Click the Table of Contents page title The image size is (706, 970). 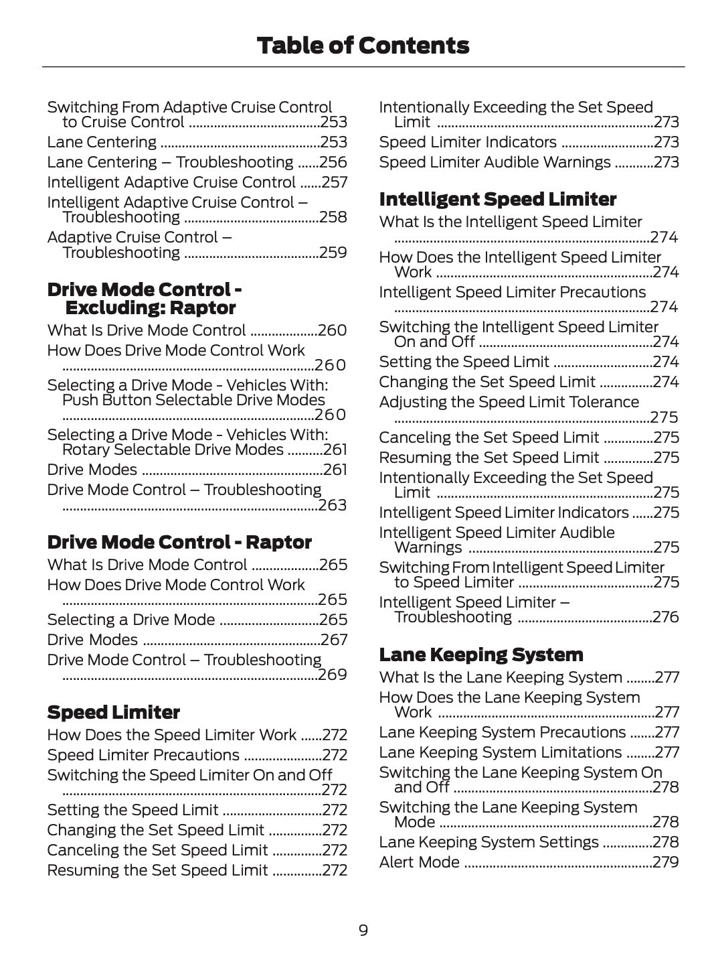point(363,46)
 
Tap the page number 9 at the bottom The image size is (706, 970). point(363,930)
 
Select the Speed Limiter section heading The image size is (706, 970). point(113,712)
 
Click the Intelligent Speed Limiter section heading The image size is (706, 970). point(497,199)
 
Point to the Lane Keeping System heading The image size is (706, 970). point(480,654)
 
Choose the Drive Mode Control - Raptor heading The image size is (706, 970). point(179,542)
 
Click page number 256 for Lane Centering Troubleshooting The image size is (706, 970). point(333,162)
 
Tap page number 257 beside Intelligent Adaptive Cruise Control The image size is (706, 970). point(334,182)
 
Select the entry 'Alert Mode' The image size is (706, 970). point(420,862)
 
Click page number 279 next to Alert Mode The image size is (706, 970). point(666,862)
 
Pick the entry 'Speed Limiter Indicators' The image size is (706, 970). point(468,142)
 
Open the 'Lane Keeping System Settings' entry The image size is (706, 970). point(489,842)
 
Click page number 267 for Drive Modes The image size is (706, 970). point(334,640)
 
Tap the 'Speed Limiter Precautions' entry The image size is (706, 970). point(143,755)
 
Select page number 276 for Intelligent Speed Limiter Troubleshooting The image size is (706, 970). point(666,617)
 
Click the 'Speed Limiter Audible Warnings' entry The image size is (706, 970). point(495,162)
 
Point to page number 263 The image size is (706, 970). point(333,505)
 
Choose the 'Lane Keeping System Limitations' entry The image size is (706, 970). point(500,752)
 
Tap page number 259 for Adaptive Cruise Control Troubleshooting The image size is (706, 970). point(333,253)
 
